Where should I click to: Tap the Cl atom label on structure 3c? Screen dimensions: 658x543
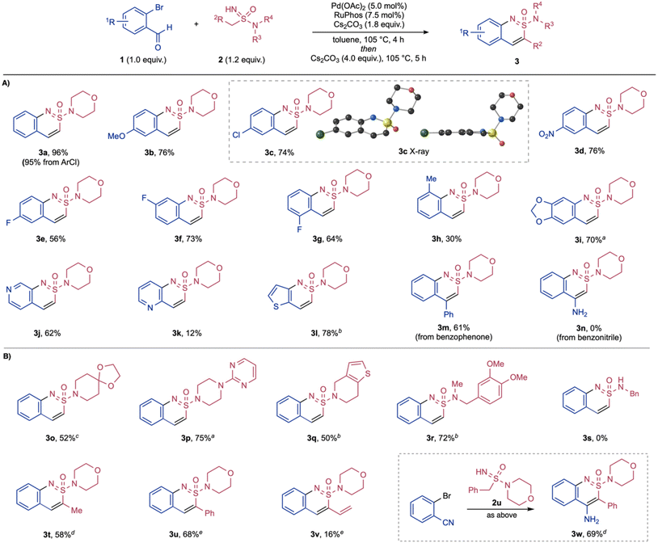(x=236, y=136)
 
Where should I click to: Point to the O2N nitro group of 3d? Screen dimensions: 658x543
(x=547, y=134)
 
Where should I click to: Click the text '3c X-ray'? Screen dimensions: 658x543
(x=413, y=151)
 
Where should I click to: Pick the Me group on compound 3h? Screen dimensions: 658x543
(x=432, y=179)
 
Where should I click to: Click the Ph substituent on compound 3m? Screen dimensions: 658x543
(x=449, y=314)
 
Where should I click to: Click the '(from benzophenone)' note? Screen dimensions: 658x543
(x=453, y=337)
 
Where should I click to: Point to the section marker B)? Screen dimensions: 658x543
(x=6, y=357)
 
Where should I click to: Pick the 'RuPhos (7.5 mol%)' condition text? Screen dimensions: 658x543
(x=369, y=15)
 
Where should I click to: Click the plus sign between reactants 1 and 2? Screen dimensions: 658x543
(x=196, y=24)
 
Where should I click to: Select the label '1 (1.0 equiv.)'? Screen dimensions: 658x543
(x=143, y=60)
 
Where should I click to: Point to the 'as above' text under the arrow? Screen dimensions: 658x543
(x=501, y=516)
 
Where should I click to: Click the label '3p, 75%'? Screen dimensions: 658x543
(x=194, y=439)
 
